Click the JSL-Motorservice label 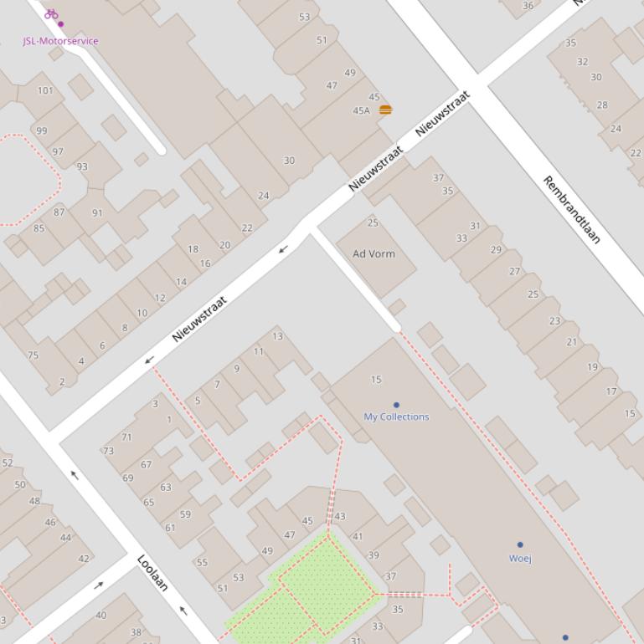(60, 40)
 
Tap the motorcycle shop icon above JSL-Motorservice (51, 13)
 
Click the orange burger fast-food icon (385, 110)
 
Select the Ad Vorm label (374, 253)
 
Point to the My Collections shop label (396, 417)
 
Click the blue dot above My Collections (396, 405)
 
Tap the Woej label (520, 558)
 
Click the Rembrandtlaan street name (572, 209)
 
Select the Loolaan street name (152, 573)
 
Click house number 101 (45, 90)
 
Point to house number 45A (361, 110)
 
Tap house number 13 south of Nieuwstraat (277, 336)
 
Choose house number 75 (33, 355)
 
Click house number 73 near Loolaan (108, 451)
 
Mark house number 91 (97, 212)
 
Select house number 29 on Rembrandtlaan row (496, 249)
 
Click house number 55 (202, 562)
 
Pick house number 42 (84, 559)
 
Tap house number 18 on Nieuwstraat (193, 248)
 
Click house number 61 (170, 527)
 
